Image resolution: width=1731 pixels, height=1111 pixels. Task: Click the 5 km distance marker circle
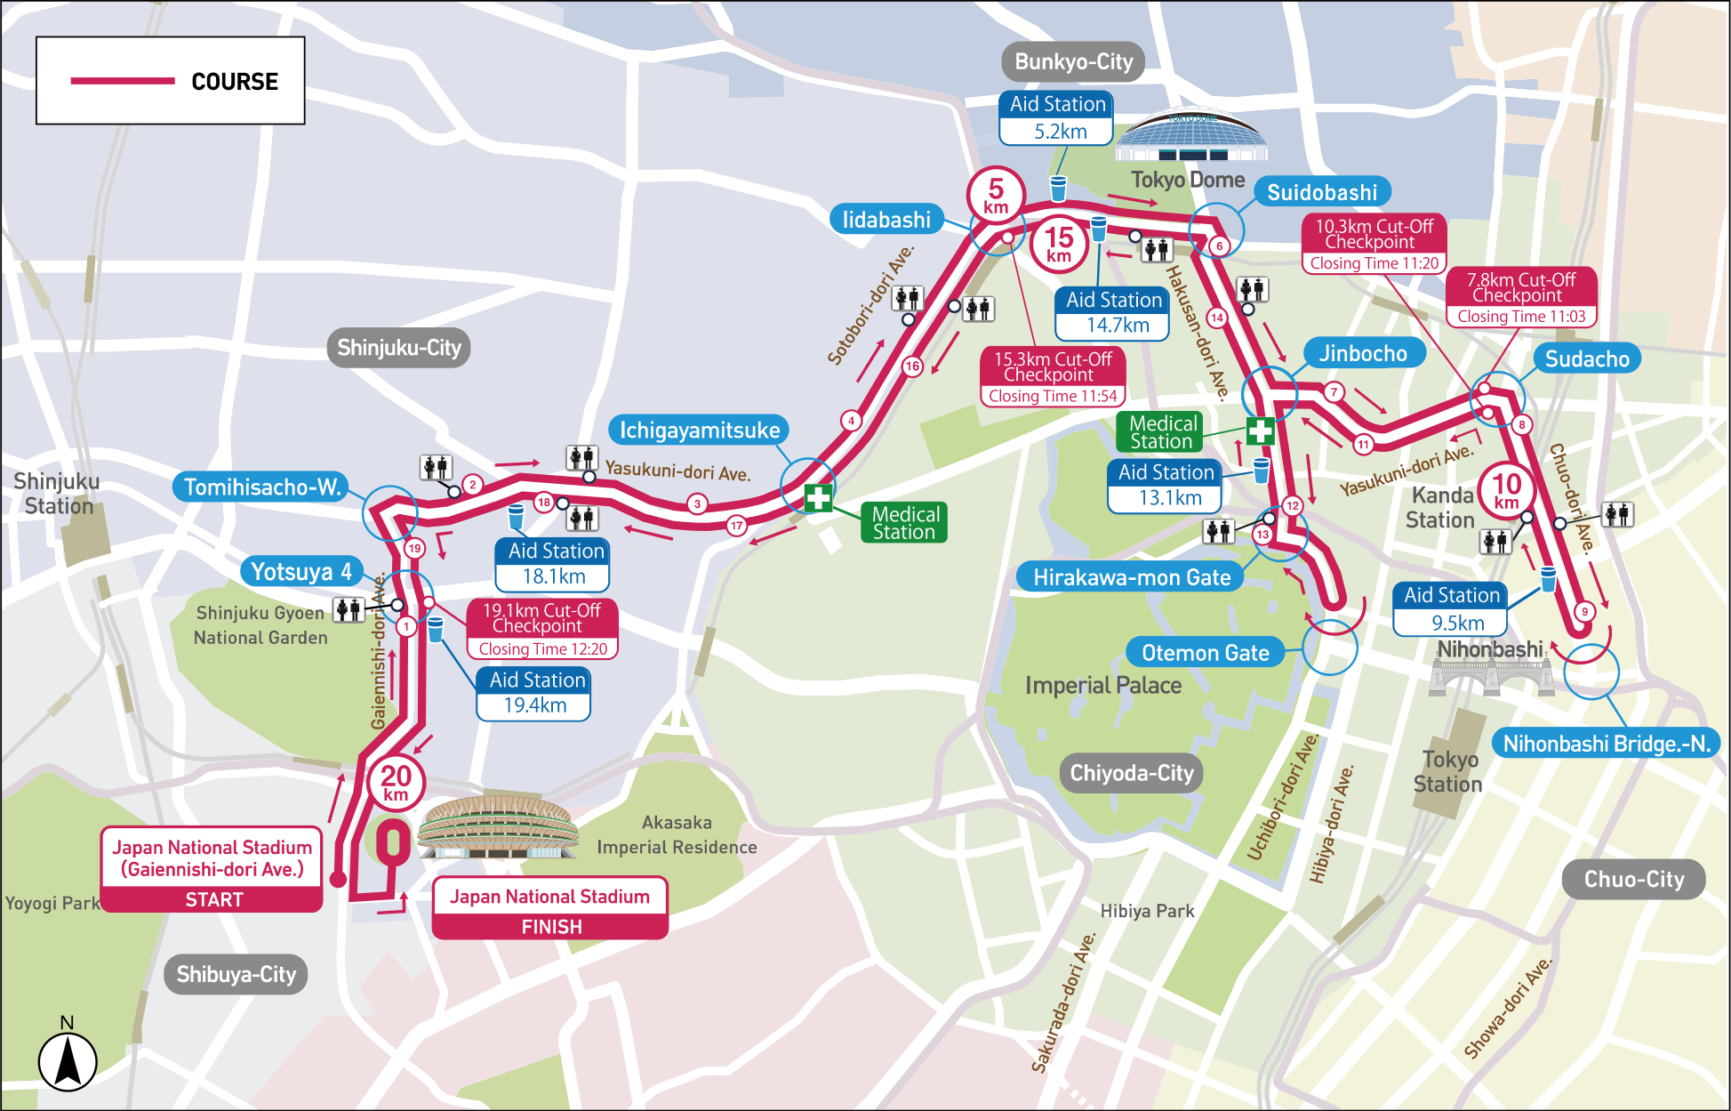pyautogui.click(x=996, y=194)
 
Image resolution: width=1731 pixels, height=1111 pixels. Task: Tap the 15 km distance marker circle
pyautogui.click(x=1059, y=243)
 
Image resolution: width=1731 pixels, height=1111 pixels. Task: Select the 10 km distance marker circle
pyautogui.click(x=1506, y=490)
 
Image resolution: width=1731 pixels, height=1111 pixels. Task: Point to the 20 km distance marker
pyautogui.click(x=396, y=781)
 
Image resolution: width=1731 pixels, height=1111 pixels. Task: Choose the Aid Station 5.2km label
pyautogui.click(x=1057, y=117)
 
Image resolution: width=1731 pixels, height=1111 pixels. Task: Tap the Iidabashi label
pyautogui.click(x=886, y=220)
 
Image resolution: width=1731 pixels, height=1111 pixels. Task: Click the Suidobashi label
pyautogui.click(x=1321, y=192)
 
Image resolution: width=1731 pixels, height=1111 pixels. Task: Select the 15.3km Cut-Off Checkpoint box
pyautogui.click(x=1053, y=376)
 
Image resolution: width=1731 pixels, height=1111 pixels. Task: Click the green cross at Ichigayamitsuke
pyautogui.click(x=818, y=498)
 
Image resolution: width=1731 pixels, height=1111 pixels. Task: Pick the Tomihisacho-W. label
pyautogui.click(x=262, y=487)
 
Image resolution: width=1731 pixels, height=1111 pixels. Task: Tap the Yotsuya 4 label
pyautogui.click(x=301, y=571)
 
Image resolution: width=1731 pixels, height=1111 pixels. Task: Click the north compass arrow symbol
pyautogui.click(x=68, y=1060)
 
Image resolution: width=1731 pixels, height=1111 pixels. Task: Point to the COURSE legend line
pyautogui.click(x=123, y=81)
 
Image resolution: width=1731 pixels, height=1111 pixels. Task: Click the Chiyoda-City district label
pyautogui.click(x=1131, y=773)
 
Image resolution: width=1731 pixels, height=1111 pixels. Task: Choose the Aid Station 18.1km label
pyautogui.click(x=554, y=564)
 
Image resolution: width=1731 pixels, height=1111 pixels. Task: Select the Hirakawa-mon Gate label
pyautogui.click(x=1131, y=577)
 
